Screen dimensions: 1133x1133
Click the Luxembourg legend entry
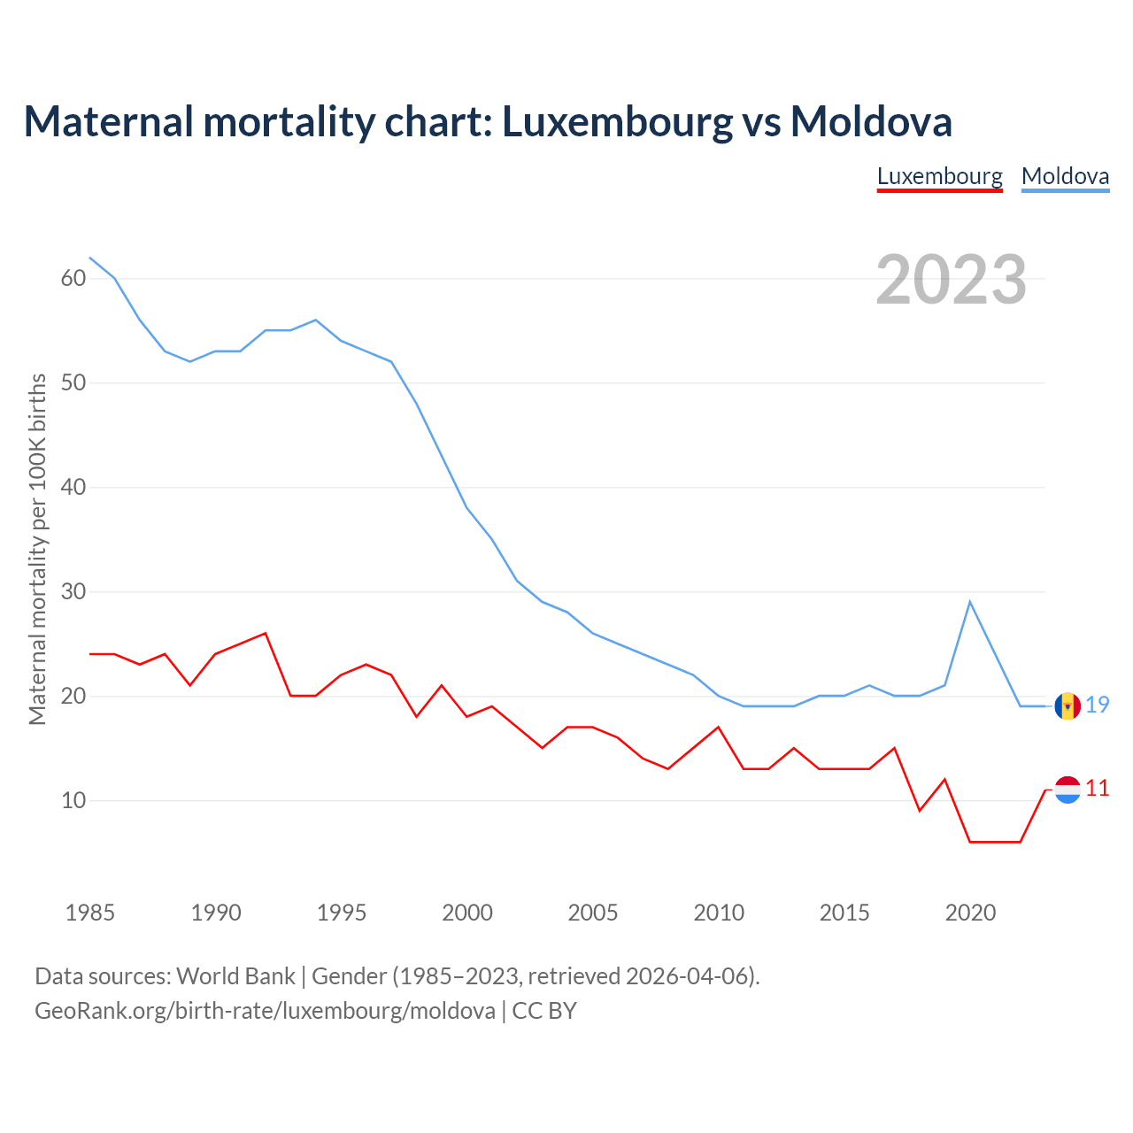[939, 176]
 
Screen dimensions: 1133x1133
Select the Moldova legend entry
[1065, 176]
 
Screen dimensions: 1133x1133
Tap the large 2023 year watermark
[951, 280]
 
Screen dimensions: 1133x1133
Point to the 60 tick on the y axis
[73, 278]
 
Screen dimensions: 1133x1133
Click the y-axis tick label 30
[73, 591]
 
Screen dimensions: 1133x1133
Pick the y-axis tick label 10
[73, 800]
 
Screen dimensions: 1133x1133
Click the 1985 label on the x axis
[89, 913]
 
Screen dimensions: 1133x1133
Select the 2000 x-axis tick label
[467, 913]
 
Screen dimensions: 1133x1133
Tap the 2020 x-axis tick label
[970, 913]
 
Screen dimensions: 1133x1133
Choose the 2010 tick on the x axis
[719, 913]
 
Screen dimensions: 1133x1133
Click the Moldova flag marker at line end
[1067, 705]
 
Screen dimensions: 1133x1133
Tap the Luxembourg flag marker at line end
[1067, 789]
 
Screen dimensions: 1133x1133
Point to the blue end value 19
[1098, 705]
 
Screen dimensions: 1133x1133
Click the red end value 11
[1098, 789]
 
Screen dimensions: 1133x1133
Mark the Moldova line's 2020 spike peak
[970, 602]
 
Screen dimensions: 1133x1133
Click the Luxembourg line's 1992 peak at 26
[266, 633]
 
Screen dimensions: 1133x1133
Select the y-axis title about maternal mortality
[37, 549]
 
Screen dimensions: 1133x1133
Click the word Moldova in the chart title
[871, 121]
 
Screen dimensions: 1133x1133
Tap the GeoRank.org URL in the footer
[265, 1011]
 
